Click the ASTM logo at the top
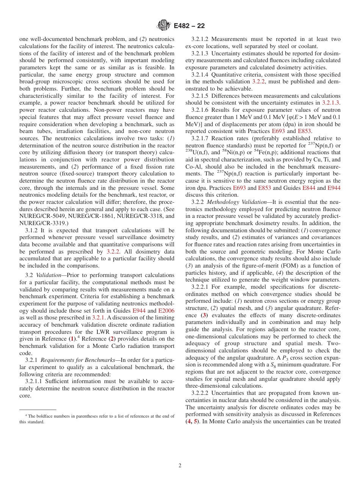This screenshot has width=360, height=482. [x=164, y=26]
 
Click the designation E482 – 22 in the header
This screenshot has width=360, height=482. [x=189, y=26]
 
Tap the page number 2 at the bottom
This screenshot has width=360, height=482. [x=180, y=466]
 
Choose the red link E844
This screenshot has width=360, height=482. [x=309, y=188]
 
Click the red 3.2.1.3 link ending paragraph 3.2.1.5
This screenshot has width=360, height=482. [x=330, y=103]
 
